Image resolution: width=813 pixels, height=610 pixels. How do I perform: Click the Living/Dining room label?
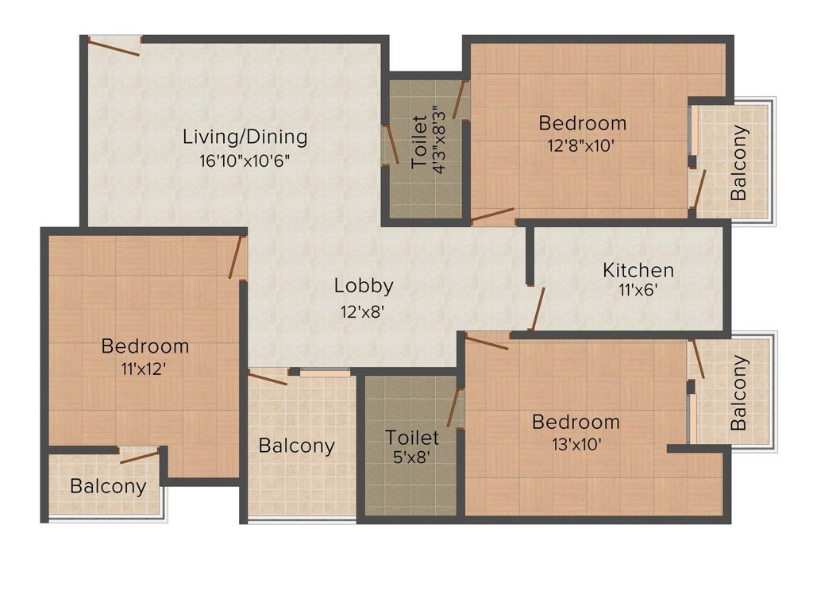coord(245,137)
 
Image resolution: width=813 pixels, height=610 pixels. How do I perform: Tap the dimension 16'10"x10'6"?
coord(245,160)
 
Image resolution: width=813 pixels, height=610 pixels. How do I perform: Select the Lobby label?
coord(363,285)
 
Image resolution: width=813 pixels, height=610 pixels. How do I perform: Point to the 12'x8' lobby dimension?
coord(363,311)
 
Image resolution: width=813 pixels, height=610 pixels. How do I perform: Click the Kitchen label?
coord(638,270)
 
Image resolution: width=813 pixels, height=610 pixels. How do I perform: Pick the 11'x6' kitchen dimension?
coord(638,291)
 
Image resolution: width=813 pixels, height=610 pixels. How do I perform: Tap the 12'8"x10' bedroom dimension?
coord(582,146)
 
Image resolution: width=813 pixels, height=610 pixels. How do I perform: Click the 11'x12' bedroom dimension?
coord(144,369)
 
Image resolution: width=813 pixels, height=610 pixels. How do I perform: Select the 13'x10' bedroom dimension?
coord(576,444)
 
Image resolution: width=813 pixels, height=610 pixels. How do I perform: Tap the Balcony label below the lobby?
coord(296,446)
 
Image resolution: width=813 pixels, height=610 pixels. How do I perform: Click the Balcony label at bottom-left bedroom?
coord(108,486)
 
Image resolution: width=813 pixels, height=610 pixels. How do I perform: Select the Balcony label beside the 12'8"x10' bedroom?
coord(738,162)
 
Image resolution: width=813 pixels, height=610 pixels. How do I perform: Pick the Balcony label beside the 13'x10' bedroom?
coord(738,392)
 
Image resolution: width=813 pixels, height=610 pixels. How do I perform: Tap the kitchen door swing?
coord(538,308)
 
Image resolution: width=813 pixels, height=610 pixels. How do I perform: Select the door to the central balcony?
coord(268,376)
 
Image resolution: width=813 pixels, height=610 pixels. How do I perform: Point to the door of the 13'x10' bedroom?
coord(487,342)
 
